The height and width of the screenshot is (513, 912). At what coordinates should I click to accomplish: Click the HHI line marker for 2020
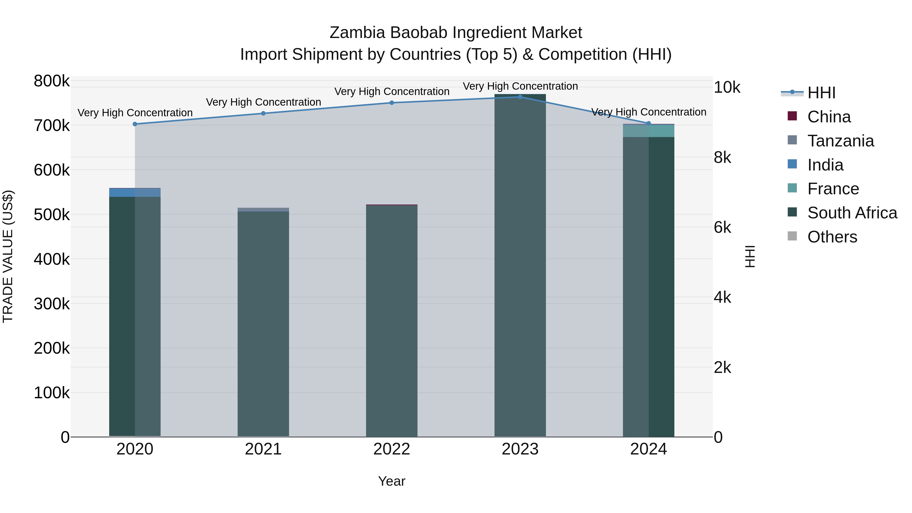click(135, 124)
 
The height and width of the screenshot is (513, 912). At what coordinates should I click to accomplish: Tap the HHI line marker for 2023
click(520, 97)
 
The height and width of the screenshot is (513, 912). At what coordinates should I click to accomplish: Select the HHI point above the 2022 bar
click(392, 103)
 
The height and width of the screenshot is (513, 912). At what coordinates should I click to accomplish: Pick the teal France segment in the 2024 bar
click(649, 131)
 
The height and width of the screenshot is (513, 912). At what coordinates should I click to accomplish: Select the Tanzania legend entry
click(841, 141)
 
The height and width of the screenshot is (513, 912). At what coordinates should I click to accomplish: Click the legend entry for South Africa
click(852, 213)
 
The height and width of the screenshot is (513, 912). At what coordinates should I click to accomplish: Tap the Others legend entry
click(832, 237)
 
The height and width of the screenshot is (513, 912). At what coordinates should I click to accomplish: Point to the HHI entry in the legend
click(821, 93)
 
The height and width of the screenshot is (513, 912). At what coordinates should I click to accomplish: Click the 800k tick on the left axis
click(52, 81)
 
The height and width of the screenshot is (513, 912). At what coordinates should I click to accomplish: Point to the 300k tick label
click(52, 304)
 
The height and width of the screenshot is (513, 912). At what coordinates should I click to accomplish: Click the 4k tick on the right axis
click(722, 298)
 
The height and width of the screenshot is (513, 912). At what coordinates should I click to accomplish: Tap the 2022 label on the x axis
click(392, 449)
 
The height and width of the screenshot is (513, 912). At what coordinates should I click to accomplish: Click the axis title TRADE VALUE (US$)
click(8, 256)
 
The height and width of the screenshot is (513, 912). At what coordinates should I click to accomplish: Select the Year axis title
click(392, 481)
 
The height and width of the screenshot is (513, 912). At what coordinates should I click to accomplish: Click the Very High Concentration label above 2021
click(263, 102)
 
